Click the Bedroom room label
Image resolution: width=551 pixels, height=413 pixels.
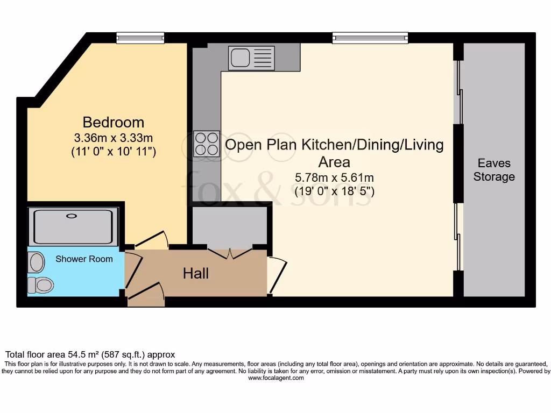[113, 122]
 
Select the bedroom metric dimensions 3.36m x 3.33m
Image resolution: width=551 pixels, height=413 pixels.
[114, 137]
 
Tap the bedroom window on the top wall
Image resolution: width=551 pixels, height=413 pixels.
[140, 38]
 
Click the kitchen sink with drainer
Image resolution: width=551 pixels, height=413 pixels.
[251, 58]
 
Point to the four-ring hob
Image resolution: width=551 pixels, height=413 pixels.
[207, 143]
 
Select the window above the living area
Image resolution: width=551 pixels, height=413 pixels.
[370, 38]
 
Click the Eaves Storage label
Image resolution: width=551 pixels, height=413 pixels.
[494, 170]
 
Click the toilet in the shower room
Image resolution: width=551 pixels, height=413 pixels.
[40, 284]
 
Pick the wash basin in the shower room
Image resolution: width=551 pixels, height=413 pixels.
[37, 262]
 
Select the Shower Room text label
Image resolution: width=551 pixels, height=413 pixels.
[84, 259]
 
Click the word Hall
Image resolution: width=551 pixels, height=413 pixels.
[196, 274]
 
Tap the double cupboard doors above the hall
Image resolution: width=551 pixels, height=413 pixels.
[230, 253]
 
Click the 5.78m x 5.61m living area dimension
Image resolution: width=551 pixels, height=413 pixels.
[334, 177]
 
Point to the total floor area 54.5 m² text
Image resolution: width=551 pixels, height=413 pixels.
[90, 355]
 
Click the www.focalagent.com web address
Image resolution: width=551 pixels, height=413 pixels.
[275, 378]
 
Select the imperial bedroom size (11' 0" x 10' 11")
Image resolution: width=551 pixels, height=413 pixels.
[114, 152]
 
